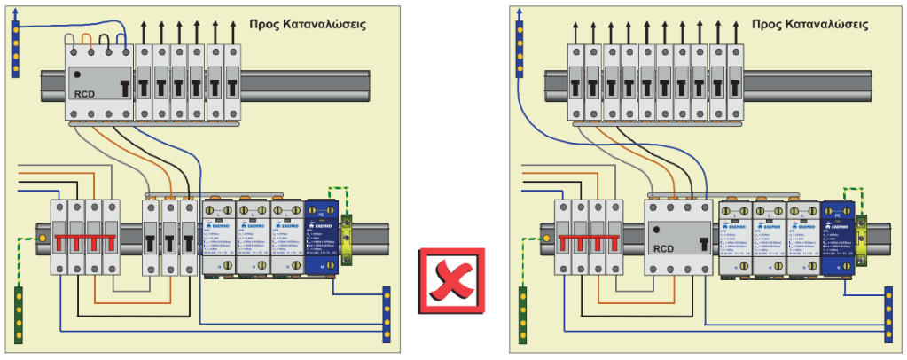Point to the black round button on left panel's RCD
78,74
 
